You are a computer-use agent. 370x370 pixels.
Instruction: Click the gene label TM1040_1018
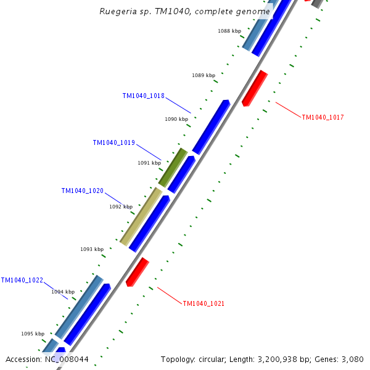[x=143, y=96]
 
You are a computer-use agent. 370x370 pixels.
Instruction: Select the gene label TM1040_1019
[x=113, y=142]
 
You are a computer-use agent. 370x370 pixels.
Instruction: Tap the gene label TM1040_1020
[x=82, y=191]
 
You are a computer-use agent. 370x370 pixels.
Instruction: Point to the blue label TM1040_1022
[x=22, y=280]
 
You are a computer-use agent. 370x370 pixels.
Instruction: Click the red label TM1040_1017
[x=323, y=117]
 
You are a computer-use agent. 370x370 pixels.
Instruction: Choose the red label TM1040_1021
[x=203, y=303]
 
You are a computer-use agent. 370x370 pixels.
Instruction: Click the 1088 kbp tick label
[x=229, y=31]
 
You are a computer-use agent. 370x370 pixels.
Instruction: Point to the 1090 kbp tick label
[x=176, y=119]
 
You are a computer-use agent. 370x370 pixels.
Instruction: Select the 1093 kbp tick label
[x=92, y=249]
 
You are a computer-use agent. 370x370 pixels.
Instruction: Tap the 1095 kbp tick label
[x=33, y=334]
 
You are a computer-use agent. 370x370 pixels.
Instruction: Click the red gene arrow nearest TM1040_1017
[x=254, y=88]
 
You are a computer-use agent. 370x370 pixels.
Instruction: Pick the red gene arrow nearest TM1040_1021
[x=137, y=272]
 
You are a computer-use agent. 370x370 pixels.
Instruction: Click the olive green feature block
[x=173, y=166]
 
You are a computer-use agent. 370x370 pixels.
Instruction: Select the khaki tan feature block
[x=141, y=216]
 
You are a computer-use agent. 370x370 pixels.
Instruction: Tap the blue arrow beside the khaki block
[x=149, y=224]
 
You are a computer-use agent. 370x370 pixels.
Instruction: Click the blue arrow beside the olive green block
[x=181, y=175]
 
